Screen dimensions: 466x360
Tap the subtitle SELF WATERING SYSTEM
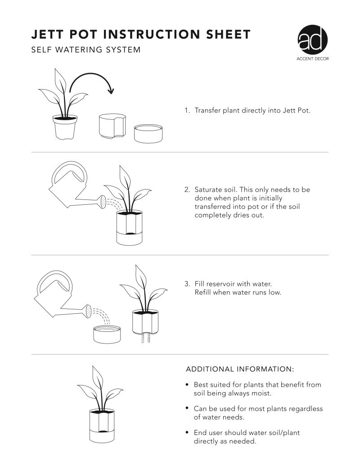click(x=85, y=50)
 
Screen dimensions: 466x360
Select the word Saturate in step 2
click(x=209, y=190)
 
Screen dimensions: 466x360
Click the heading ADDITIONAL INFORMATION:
click(x=239, y=369)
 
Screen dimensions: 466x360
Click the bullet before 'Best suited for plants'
click(x=187, y=385)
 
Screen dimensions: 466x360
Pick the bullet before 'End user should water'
click(x=187, y=433)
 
